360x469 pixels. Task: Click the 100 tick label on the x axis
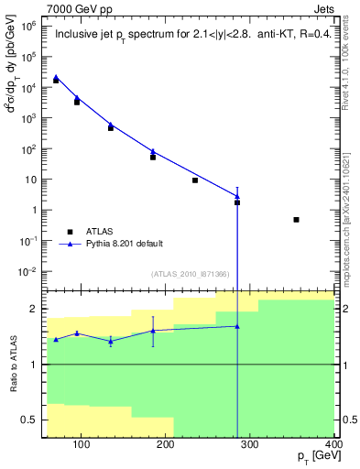[82, 445]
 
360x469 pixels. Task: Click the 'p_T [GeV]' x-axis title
[310, 458]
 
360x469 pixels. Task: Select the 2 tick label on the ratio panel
[37, 309]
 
